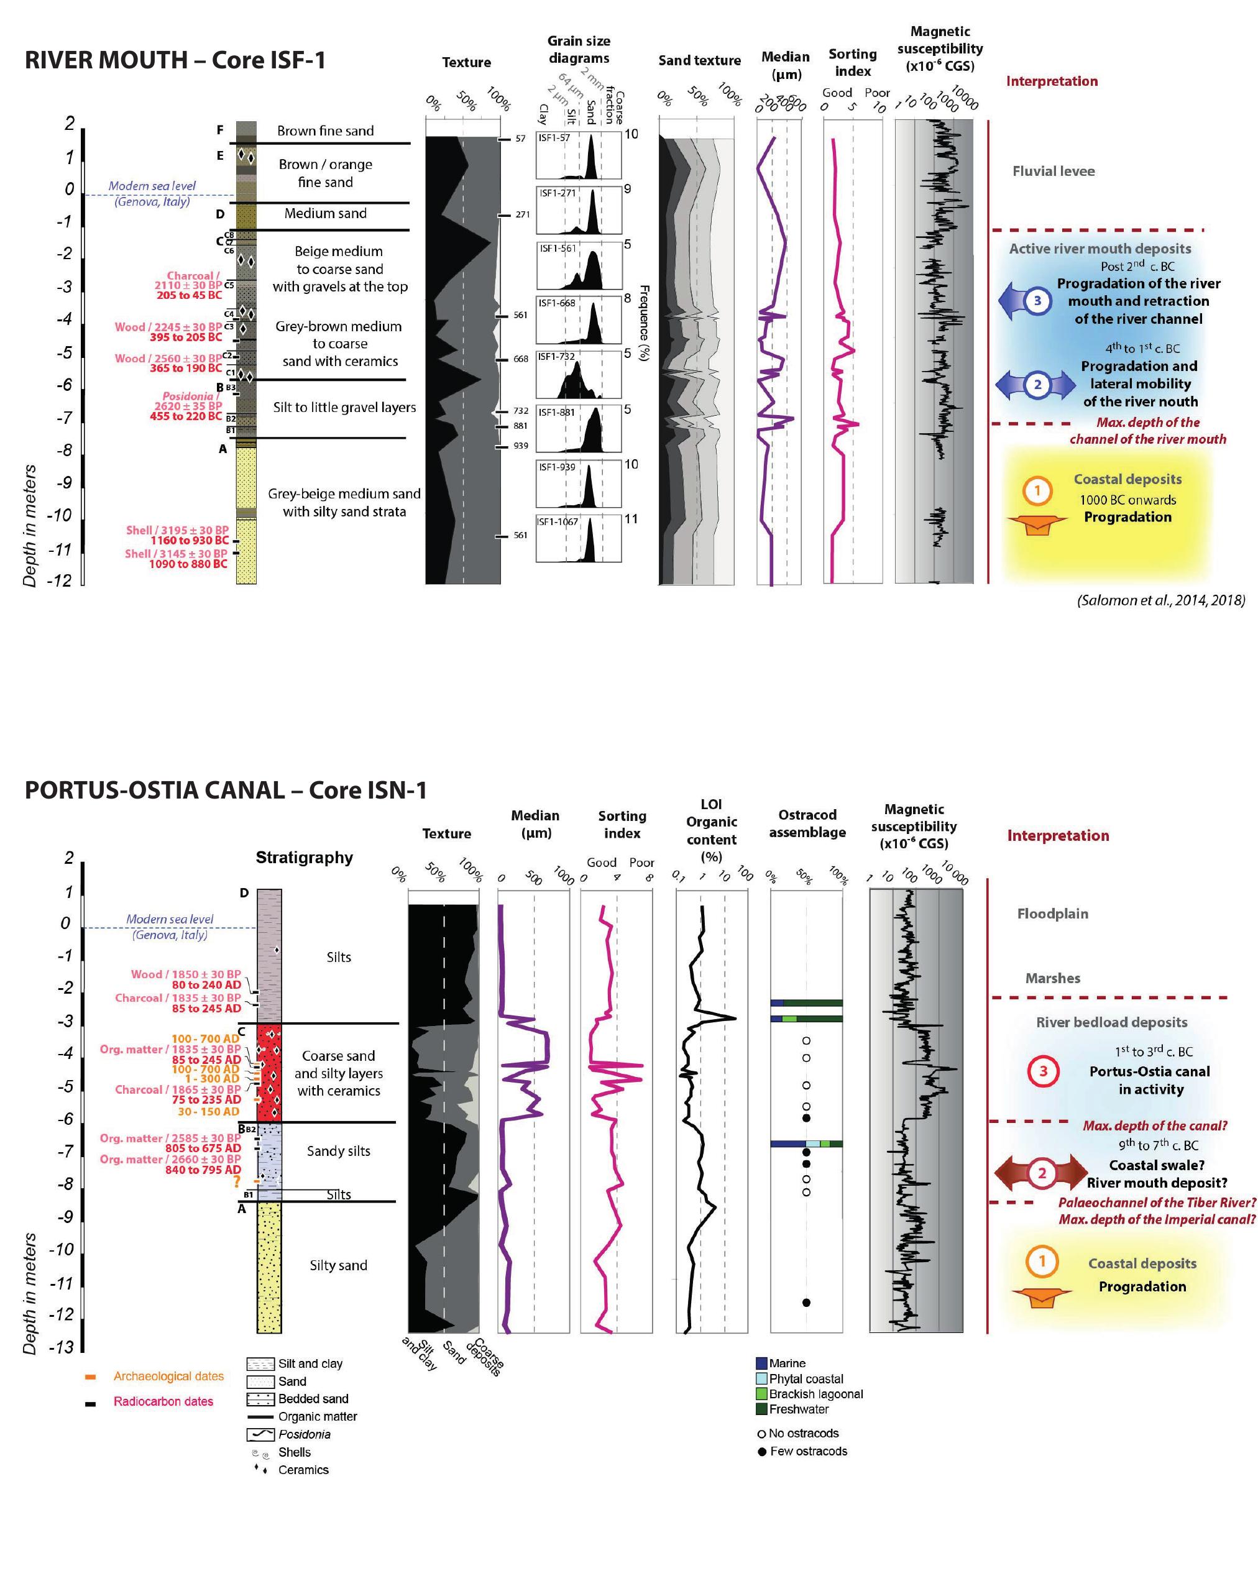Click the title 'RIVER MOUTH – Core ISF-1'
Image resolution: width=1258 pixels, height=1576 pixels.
175,60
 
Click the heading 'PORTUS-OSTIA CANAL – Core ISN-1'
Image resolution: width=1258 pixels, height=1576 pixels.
225,790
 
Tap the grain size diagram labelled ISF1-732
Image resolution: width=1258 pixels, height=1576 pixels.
578,375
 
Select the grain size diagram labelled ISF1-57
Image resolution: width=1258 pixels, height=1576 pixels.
578,155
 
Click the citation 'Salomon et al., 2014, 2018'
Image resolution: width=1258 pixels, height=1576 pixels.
1160,600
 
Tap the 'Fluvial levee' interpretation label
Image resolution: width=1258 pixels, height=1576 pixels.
1053,171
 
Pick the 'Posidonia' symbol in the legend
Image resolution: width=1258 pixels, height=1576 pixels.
260,1434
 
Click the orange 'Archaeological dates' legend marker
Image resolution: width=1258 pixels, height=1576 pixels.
91,1377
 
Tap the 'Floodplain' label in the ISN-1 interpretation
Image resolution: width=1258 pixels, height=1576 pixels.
1052,914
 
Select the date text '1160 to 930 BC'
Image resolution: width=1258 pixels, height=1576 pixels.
190,540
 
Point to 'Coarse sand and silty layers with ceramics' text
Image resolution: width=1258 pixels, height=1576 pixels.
339,1073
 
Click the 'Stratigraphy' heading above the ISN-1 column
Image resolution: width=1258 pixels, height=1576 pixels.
304,858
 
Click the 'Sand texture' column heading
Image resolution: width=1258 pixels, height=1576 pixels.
699,61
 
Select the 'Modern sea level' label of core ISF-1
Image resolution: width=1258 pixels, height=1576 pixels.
152,186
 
